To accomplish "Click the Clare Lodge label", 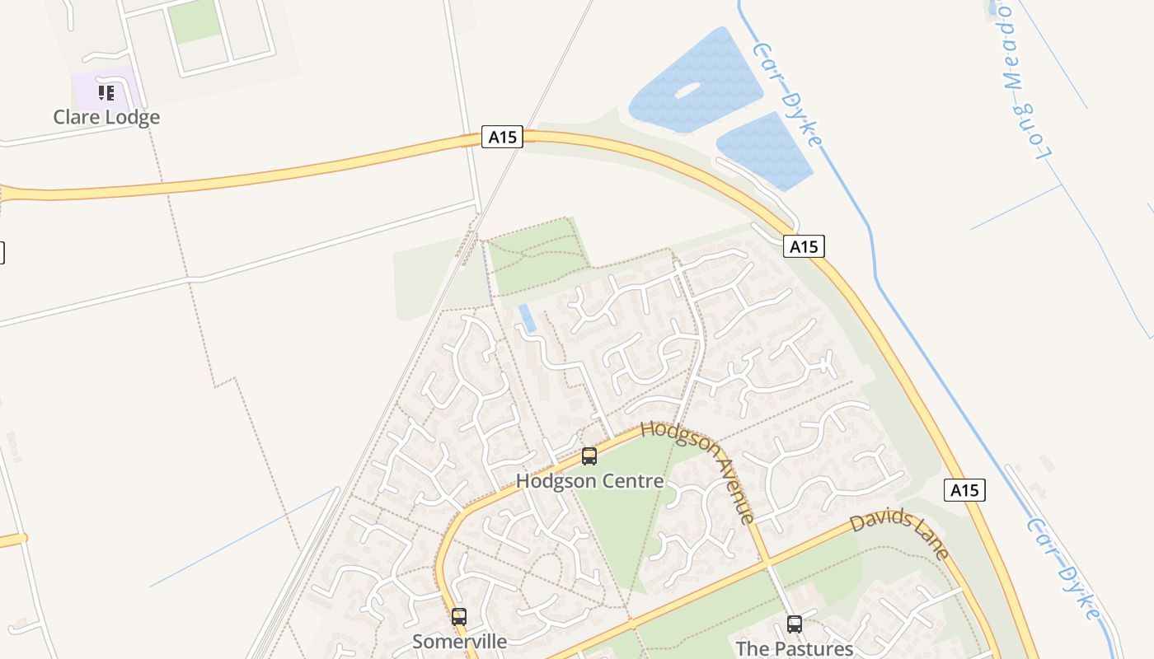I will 106,117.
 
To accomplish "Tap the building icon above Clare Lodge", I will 106,92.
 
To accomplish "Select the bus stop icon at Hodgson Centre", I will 589,456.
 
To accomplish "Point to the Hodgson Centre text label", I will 589,480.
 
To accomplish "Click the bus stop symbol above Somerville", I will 458,616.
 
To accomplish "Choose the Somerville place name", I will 459,641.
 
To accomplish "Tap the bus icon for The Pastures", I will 794,624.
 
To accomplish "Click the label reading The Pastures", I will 794,648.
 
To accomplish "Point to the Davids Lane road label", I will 899,533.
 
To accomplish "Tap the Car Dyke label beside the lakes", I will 787,95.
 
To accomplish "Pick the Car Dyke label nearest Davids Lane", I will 1063,568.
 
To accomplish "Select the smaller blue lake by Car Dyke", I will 765,151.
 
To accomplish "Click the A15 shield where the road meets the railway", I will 502,137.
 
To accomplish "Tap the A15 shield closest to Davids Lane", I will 964,491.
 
